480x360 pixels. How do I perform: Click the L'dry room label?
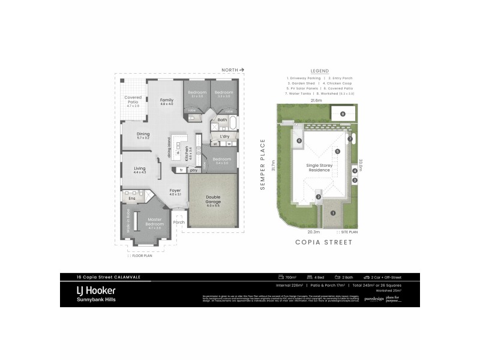click(225, 137)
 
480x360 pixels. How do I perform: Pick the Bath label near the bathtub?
click(222, 120)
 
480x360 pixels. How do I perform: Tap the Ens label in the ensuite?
click(132, 198)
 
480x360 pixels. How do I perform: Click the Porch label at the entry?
click(179, 222)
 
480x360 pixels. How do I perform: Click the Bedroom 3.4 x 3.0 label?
click(221, 160)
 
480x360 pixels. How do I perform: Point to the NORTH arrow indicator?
click(232, 70)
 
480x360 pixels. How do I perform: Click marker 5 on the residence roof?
click(338, 151)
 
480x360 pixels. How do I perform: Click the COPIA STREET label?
click(324, 242)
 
